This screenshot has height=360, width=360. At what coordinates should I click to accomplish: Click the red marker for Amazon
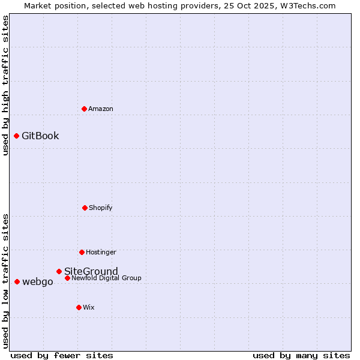(84, 109)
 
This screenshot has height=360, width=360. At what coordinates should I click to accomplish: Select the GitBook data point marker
(16, 136)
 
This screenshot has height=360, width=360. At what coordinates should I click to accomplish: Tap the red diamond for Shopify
(85, 208)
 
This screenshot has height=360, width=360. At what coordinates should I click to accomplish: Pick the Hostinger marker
(82, 252)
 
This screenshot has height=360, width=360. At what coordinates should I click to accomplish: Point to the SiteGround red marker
(59, 271)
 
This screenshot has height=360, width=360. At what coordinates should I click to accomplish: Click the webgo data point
(17, 281)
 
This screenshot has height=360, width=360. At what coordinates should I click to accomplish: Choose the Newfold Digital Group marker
(67, 278)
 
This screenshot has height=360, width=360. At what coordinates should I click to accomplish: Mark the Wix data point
(79, 307)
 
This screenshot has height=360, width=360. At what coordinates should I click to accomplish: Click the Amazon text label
(101, 109)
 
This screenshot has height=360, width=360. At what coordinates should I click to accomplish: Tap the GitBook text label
(40, 136)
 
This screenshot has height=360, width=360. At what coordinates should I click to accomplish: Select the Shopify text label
(101, 208)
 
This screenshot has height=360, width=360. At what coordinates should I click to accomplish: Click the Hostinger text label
(101, 252)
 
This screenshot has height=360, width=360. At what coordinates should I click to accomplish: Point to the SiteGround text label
(91, 271)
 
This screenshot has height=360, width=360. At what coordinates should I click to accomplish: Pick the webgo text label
(38, 281)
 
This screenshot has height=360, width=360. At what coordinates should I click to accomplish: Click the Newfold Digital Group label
(106, 278)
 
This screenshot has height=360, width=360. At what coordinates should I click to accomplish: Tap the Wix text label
(89, 307)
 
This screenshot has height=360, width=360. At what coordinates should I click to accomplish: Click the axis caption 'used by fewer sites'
(62, 355)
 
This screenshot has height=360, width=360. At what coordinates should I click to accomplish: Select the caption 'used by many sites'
(301, 355)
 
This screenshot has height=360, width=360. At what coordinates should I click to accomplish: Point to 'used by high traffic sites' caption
(5, 86)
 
